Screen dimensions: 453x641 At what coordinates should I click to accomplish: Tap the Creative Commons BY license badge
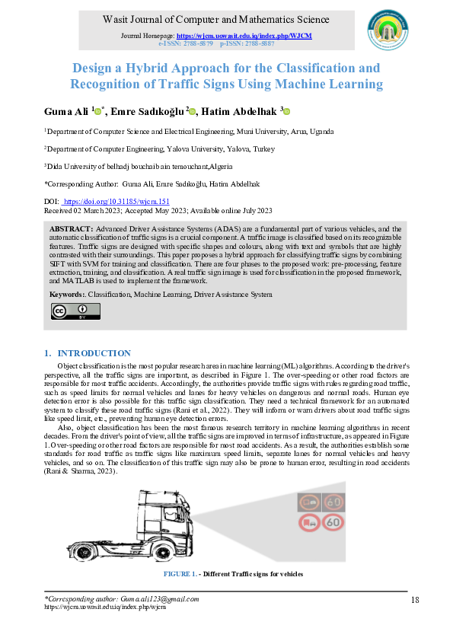pos(75,311)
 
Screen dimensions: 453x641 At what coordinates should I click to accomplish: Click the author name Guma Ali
pos(66,111)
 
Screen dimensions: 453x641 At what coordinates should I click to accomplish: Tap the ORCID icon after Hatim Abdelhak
pos(287,111)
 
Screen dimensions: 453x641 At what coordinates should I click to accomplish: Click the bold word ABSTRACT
pos(71,229)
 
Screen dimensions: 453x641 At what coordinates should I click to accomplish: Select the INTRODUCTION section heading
pos(94,353)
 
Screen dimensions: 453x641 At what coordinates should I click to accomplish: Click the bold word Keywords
pos(67,294)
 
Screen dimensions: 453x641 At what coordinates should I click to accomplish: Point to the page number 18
pos(415,600)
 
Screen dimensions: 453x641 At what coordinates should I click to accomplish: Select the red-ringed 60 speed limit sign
pos(333,522)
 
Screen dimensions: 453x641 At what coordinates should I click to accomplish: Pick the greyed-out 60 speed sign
pos(333,502)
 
